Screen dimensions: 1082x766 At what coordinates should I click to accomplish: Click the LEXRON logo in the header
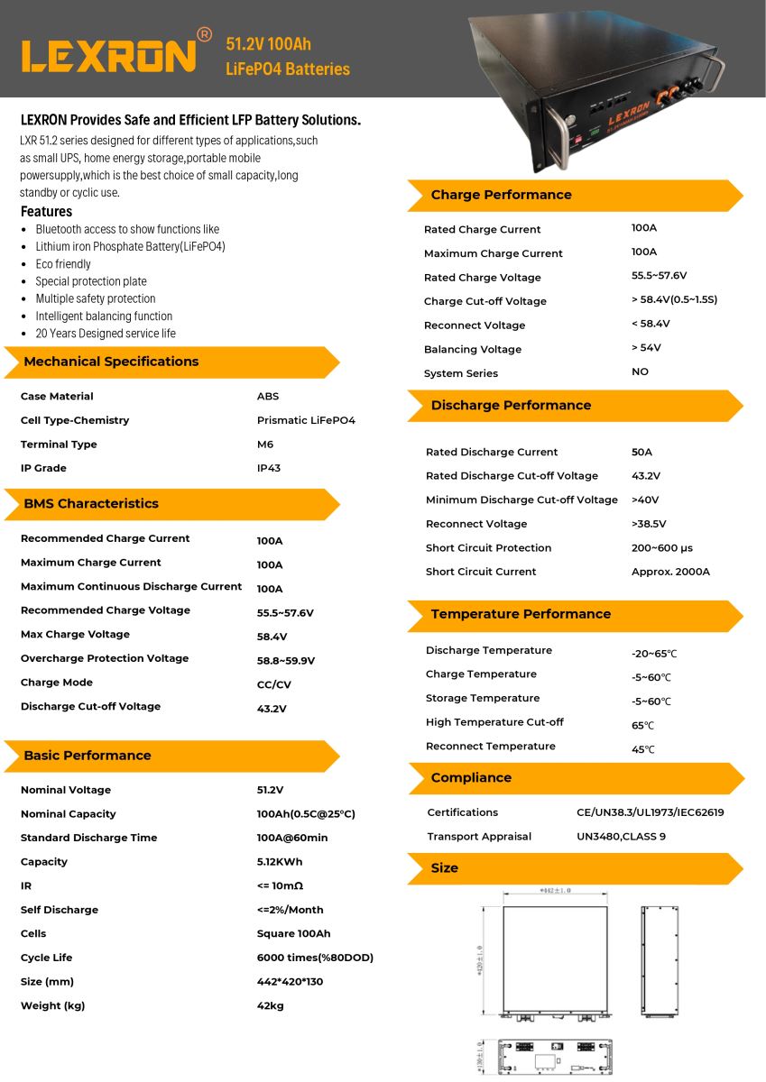click(x=108, y=54)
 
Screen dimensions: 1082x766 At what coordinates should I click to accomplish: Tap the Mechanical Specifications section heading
click(x=111, y=362)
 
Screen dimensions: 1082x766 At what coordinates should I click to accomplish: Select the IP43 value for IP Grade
click(x=269, y=468)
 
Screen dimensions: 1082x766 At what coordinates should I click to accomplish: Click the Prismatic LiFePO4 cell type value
click(x=306, y=420)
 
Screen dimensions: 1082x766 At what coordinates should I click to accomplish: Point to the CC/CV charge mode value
click(x=274, y=684)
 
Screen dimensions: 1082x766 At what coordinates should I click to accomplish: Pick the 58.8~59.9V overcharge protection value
click(x=286, y=661)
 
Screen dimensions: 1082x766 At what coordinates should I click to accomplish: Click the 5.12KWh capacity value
click(x=280, y=862)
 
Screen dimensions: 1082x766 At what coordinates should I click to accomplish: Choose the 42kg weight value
click(x=271, y=1005)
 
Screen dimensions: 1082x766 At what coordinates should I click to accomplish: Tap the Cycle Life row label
click(x=46, y=958)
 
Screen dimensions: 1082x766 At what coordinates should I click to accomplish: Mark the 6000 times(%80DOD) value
click(x=315, y=958)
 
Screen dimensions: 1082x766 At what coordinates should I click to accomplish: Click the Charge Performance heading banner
click(x=501, y=195)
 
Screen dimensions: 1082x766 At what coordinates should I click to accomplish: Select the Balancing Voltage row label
click(x=473, y=349)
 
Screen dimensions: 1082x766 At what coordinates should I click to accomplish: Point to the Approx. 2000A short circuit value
click(x=670, y=572)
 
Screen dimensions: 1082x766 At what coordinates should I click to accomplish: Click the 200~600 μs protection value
click(x=662, y=547)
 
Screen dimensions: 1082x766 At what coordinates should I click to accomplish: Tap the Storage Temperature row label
click(x=483, y=698)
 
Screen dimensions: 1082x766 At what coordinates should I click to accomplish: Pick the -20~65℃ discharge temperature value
click(x=654, y=654)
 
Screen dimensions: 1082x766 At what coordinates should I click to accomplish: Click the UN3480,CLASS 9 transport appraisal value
click(x=621, y=836)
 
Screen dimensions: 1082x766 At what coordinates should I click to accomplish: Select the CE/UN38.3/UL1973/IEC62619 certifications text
click(x=650, y=812)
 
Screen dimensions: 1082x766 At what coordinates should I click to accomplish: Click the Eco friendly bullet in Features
click(x=63, y=264)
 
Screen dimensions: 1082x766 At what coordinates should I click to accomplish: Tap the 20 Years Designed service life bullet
click(x=106, y=334)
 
